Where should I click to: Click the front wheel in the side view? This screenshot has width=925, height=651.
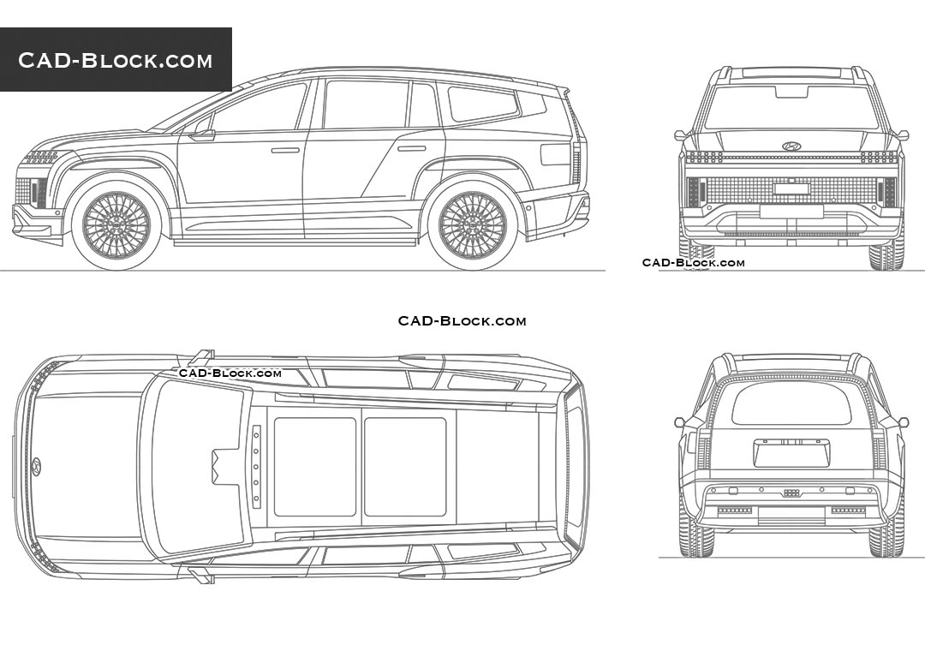pyautogui.click(x=116, y=225)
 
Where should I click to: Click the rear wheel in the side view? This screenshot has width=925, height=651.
pyautogui.click(x=472, y=225)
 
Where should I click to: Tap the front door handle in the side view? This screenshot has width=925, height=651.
pyautogui.click(x=285, y=150)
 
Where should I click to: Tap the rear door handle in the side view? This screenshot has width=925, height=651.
pyautogui.click(x=411, y=148)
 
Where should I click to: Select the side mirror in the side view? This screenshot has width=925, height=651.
pyautogui.click(x=203, y=132)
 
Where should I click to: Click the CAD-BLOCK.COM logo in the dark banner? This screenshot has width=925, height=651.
pyautogui.click(x=116, y=60)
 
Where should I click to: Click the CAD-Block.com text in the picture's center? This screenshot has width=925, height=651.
pyautogui.click(x=462, y=321)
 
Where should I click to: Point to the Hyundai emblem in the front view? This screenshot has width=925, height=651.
pyautogui.click(x=791, y=146)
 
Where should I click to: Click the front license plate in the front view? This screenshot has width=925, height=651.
pyautogui.click(x=791, y=188)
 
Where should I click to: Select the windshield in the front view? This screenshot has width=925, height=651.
pyautogui.click(x=791, y=108)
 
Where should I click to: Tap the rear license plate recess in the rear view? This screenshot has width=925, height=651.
pyautogui.click(x=791, y=452)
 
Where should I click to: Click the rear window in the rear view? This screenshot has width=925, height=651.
pyautogui.click(x=791, y=403)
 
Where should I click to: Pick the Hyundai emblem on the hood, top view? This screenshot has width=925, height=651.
pyautogui.click(x=36, y=466)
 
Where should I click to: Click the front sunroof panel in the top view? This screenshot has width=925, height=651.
pyautogui.click(x=314, y=467)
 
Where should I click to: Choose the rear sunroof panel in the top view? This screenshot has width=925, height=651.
pyautogui.click(x=405, y=467)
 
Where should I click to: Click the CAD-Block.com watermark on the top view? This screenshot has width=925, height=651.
pyautogui.click(x=230, y=373)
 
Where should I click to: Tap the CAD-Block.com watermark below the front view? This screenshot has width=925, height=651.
pyautogui.click(x=693, y=263)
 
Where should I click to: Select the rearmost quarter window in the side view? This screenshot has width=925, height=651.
pyautogui.click(x=483, y=104)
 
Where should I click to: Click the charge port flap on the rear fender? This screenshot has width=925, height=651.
pyautogui.click(x=555, y=154)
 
